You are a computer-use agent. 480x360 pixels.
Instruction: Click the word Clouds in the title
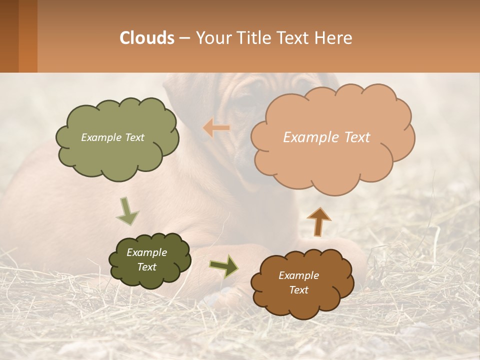(147, 38)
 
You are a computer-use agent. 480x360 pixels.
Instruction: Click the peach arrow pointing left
(216, 128)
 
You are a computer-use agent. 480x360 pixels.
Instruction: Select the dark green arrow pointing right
(224, 266)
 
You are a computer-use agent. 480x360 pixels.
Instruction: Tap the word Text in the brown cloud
(298, 290)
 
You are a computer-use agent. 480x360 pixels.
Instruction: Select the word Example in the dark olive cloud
(146, 252)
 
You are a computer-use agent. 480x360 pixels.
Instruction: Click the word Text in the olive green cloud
(133, 137)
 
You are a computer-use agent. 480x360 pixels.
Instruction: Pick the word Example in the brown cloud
(298, 275)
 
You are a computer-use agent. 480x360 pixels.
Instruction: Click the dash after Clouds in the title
(184, 38)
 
